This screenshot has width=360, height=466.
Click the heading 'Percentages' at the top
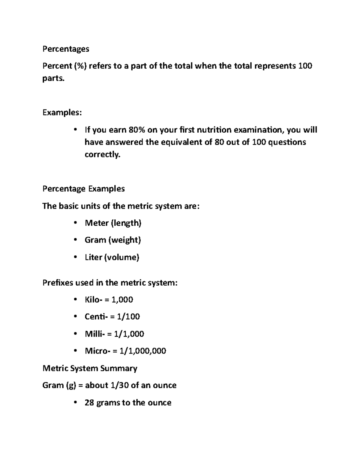66,49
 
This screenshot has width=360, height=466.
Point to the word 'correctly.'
102,155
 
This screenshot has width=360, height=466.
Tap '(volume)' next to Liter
121,257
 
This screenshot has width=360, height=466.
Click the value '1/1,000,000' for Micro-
143,351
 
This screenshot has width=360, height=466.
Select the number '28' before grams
89,403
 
